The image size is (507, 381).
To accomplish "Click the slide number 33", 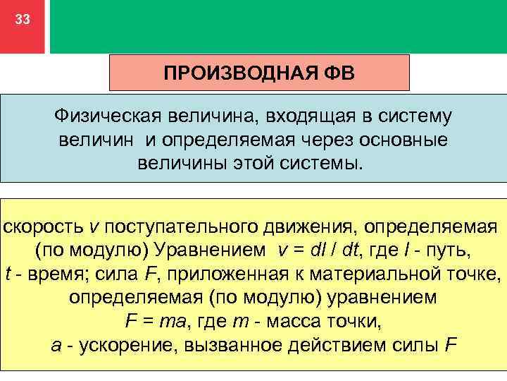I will pyautogui.click(x=23, y=20).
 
